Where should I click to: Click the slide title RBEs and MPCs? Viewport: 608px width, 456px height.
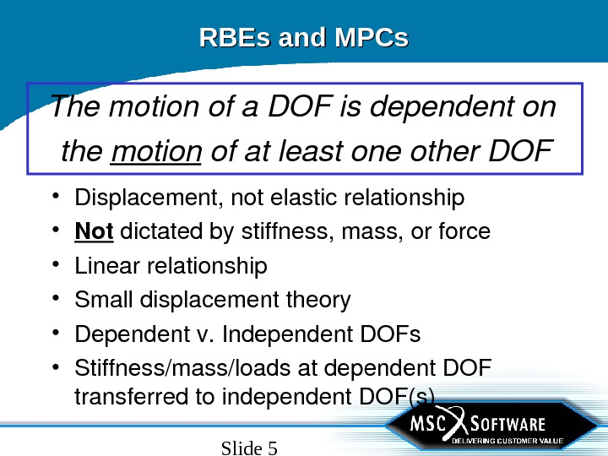303,38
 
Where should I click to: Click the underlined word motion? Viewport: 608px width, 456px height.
155,153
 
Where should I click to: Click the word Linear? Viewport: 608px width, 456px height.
107,266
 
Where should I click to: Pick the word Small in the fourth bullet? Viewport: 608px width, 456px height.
99,300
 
